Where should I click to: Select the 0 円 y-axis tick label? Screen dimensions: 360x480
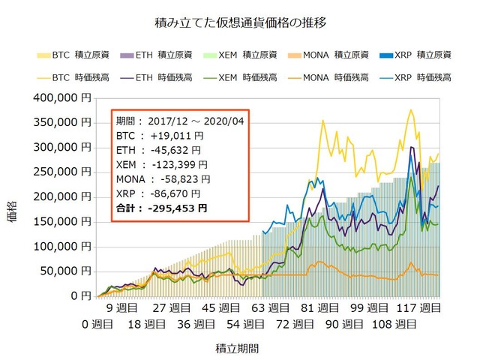pyautogui.click(x=79, y=295)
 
